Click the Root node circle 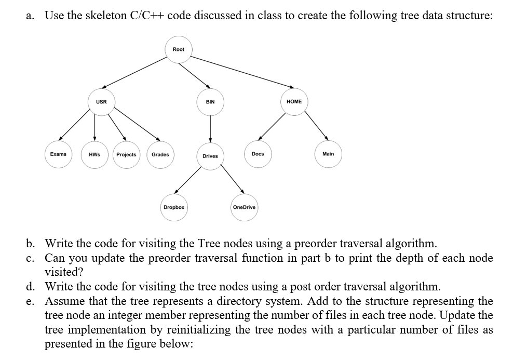179,49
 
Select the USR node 101,102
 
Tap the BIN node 210,102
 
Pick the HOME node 294,102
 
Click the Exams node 58,154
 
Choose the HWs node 94,155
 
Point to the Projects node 126,155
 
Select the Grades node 160,155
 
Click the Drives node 210,156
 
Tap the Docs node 258,154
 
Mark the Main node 328,154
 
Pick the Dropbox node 174,207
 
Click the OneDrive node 244,207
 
